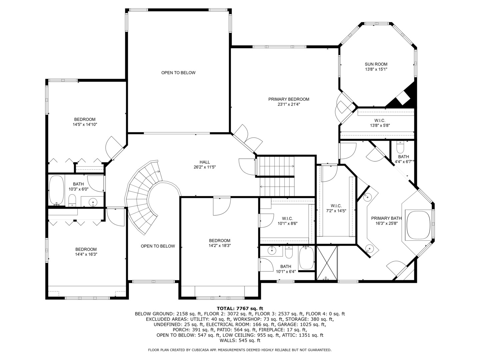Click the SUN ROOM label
tap(376, 64)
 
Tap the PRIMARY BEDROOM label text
tap(289, 99)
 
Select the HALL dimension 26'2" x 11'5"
tap(205, 167)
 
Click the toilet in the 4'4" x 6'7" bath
tap(400, 147)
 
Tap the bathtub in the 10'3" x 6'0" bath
tap(56, 190)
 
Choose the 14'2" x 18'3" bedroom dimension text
tap(219, 246)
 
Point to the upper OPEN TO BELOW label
tap(178, 73)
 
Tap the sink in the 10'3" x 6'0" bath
tap(93, 201)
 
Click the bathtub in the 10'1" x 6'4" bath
tap(306, 258)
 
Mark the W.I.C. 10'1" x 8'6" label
tap(287, 221)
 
